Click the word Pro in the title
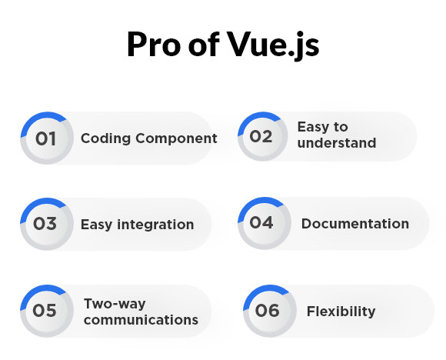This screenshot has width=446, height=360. point(154,45)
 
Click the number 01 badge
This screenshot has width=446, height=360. point(47,138)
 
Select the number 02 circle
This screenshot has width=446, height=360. point(263,136)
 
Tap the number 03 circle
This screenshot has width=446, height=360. point(47,224)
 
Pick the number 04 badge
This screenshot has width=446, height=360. point(265,223)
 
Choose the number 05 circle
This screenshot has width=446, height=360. point(47,311)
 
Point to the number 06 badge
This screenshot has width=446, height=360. point(270,311)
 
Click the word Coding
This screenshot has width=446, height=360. point(106,138)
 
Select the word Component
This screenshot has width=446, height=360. point(176,138)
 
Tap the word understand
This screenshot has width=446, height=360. point(337,143)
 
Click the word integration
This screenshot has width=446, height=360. point(155,225)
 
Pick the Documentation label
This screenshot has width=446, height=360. point(355,224)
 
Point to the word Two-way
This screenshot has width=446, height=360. point(115,304)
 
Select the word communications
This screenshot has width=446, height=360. point(141,320)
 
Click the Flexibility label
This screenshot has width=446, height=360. point(341,312)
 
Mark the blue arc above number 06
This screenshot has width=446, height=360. point(260,292)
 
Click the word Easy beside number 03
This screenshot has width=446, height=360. point(96,225)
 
